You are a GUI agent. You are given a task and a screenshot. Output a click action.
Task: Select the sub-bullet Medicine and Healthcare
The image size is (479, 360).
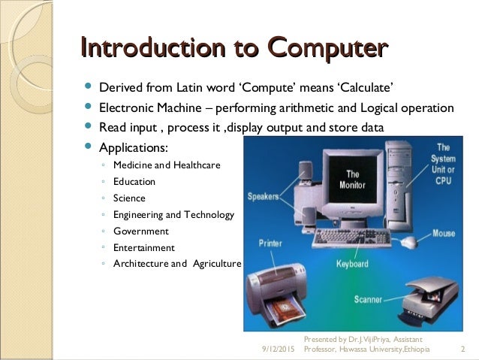tap(166, 165)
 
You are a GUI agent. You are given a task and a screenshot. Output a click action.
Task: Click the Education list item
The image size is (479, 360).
tap(134, 181)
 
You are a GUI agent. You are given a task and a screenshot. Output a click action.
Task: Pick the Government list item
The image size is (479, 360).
tap(140, 231)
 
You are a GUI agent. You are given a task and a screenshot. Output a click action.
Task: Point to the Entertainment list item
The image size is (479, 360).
tap(143, 247)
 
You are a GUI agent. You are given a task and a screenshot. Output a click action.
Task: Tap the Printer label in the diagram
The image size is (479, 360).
tap(270, 244)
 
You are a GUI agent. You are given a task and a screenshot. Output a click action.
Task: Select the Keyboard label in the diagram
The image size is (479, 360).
tap(351, 264)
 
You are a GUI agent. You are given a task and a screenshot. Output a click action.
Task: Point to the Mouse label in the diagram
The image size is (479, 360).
tap(443, 234)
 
